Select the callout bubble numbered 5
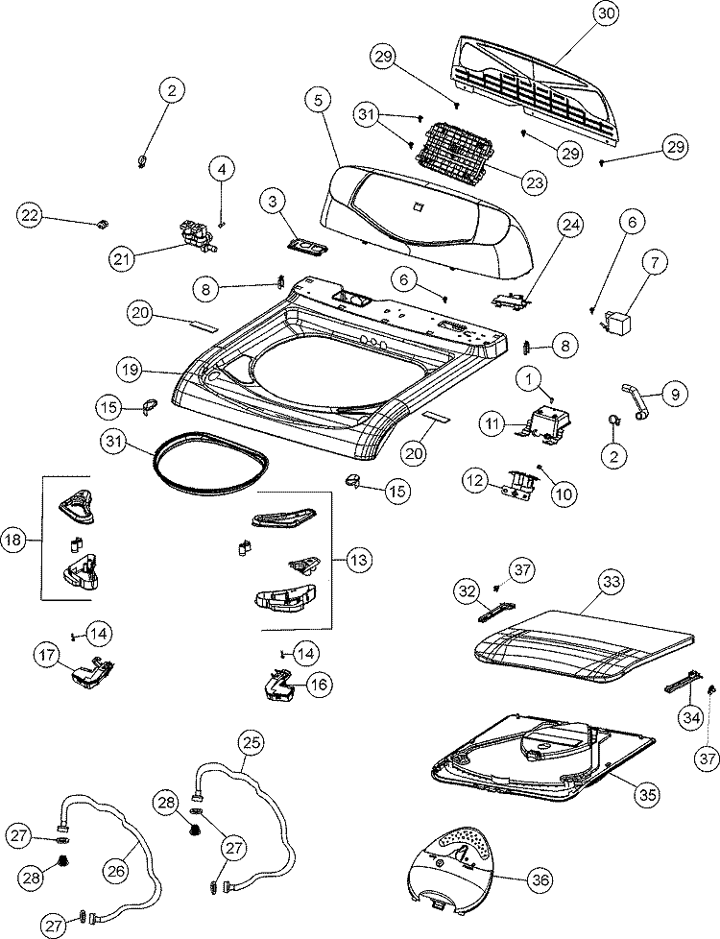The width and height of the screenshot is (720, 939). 319,101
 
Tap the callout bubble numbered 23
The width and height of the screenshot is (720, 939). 534,182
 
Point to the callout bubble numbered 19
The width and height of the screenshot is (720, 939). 130,371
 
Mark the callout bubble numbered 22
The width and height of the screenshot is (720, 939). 30,216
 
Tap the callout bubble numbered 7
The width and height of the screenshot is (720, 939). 654,262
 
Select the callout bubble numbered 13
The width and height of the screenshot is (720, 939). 359,560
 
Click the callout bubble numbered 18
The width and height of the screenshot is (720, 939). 13,541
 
